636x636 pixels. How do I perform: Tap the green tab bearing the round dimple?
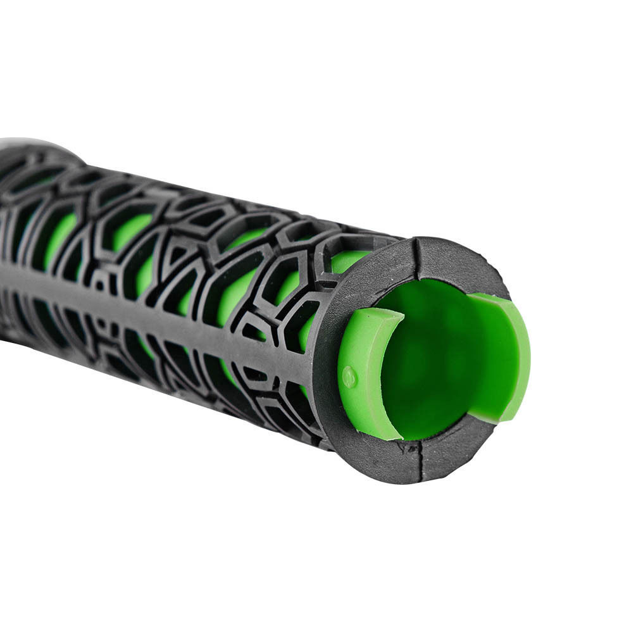tap(367, 373)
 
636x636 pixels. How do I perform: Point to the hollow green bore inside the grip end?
tap(430, 354)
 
